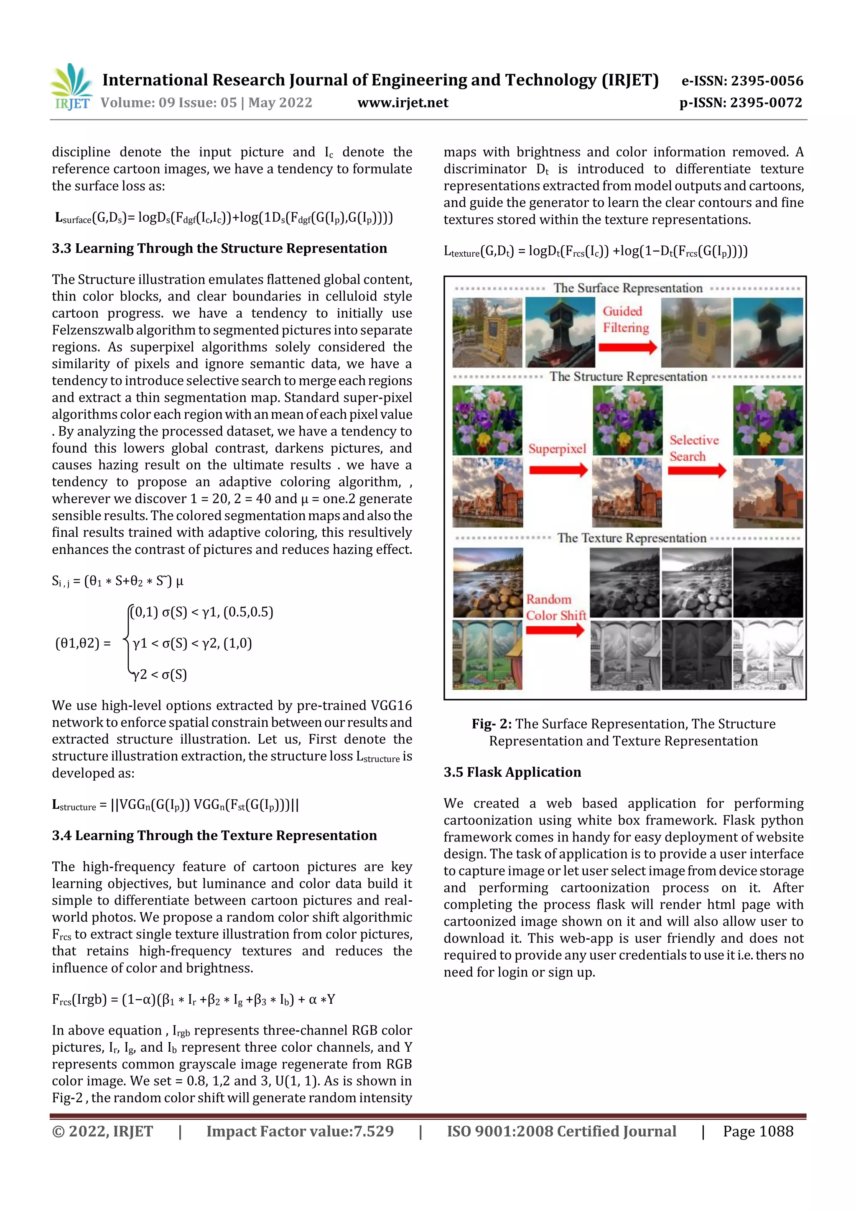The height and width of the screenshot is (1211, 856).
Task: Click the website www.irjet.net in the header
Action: (403, 103)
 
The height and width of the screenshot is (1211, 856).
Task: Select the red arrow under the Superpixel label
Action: (558, 470)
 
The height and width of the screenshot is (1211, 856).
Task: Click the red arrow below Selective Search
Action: (697, 470)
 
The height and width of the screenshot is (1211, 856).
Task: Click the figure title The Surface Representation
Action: (628, 288)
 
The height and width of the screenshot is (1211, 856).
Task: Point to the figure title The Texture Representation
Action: (631, 538)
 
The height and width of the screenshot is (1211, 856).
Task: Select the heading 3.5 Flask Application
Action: (512, 772)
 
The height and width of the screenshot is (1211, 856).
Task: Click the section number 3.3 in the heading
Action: (62, 248)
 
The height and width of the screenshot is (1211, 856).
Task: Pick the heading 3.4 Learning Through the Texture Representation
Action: (214, 836)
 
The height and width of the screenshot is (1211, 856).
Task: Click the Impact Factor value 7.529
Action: (373, 1131)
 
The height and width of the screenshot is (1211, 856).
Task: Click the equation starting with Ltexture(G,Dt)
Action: (596, 251)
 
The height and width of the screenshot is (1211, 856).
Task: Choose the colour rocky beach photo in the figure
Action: (488, 582)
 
